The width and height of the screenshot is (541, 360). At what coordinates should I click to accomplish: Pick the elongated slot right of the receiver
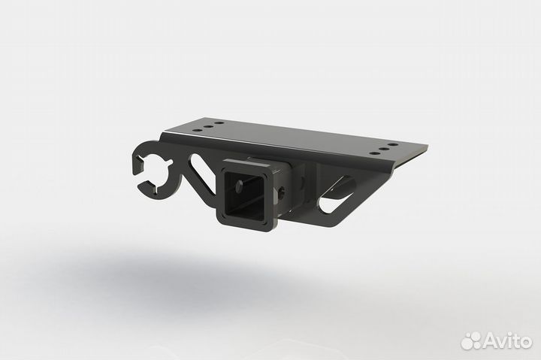(x=337, y=194)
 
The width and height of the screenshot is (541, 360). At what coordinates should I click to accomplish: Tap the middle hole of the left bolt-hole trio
(x=207, y=127)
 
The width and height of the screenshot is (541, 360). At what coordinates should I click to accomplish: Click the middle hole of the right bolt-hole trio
(x=384, y=147)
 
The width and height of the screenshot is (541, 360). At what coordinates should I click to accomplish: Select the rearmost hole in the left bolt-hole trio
(x=218, y=123)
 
